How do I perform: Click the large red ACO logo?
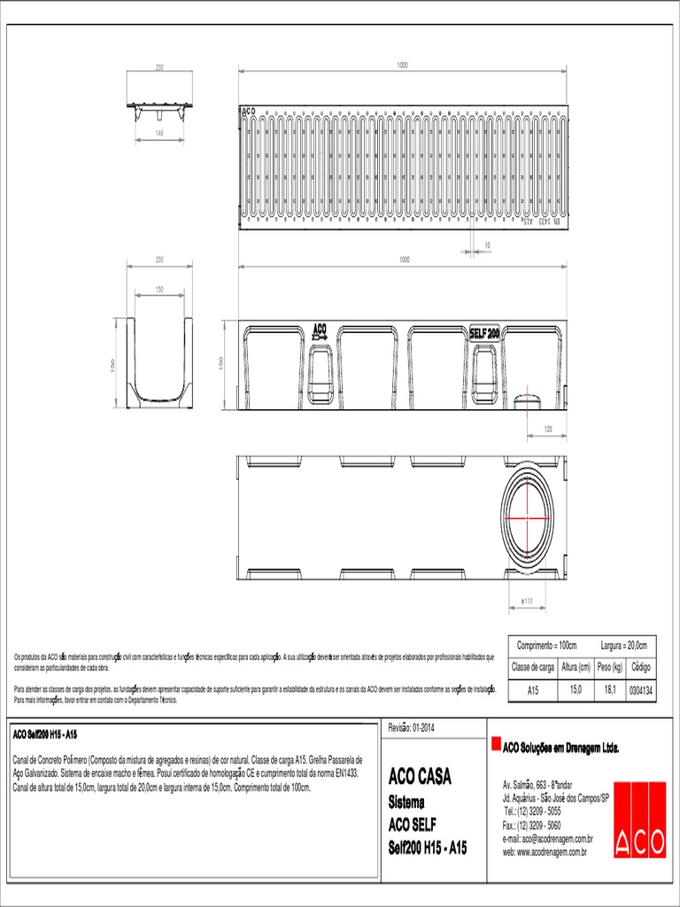tap(639, 819)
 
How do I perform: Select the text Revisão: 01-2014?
tap(412, 727)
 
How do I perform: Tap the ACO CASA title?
tap(420, 778)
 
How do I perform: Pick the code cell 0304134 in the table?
tap(640, 689)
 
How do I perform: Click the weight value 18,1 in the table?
tap(610, 689)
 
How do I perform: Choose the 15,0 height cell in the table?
tap(576, 689)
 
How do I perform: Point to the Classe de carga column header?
tap(533, 667)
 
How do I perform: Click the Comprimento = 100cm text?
tap(546, 646)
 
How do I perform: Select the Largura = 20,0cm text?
tap(623, 646)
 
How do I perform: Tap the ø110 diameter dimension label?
tap(526, 601)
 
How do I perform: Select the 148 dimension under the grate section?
tap(159, 133)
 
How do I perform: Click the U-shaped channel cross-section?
tap(160, 358)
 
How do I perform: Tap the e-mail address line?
tap(547, 838)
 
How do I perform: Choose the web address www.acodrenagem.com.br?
tap(545, 851)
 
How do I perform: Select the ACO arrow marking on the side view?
tap(320, 334)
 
